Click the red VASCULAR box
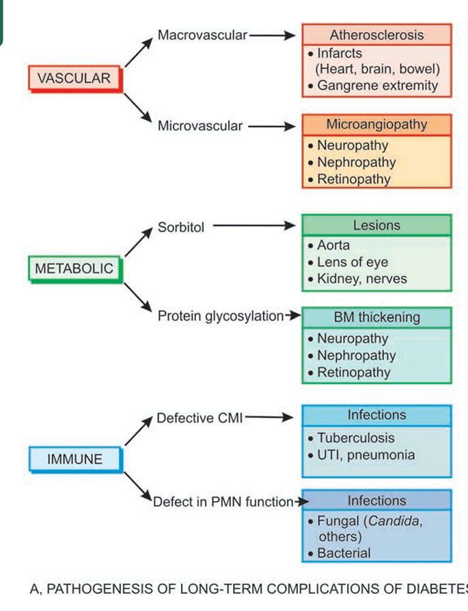click(x=74, y=79)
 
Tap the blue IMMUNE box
click(x=75, y=459)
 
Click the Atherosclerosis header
click(x=376, y=35)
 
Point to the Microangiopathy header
click(x=376, y=125)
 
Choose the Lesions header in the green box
click(x=376, y=225)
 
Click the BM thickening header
click(x=376, y=317)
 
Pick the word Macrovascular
click(x=202, y=35)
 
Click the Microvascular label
click(x=200, y=126)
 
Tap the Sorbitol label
click(x=181, y=227)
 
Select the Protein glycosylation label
click(x=220, y=316)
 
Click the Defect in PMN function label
click(x=223, y=502)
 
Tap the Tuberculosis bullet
click(x=355, y=438)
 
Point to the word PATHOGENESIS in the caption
click(x=88, y=588)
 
